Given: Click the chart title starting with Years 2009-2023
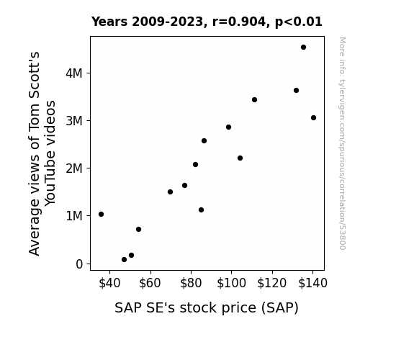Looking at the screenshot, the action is [x=207, y=22].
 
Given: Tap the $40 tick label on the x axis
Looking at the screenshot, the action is [x=109, y=283].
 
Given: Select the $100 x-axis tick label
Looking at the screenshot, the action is [x=231, y=283].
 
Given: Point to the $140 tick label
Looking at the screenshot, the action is [x=312, y=283].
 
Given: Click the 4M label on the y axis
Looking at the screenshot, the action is [x=74, y=73].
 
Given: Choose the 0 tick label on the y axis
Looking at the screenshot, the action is [x=79, y=264].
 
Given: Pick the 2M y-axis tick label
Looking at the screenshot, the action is [x=74, y=168].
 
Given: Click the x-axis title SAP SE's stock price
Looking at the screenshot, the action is [x=207, y=308].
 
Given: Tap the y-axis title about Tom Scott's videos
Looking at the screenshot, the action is [x=42, y=153].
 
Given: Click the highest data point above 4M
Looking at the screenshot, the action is [x=303, y=48].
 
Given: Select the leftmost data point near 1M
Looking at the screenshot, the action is [x=101, y=215].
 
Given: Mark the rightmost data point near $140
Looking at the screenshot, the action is [x=313, y=118].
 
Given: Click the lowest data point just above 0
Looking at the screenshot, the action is [x=124, y=260].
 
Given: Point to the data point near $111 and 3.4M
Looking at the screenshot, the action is [x=255, y=100].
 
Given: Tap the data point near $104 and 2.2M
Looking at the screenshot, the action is [x=240, y=158].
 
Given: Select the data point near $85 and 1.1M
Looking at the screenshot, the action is [x=201, y=210].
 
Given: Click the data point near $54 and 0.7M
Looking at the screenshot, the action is [x=139, y=229].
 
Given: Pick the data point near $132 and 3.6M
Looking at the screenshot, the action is [x=296, y=90].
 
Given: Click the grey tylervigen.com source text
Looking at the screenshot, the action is [x=342, y=143].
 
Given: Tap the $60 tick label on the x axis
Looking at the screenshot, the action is [x=150, y=283].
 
